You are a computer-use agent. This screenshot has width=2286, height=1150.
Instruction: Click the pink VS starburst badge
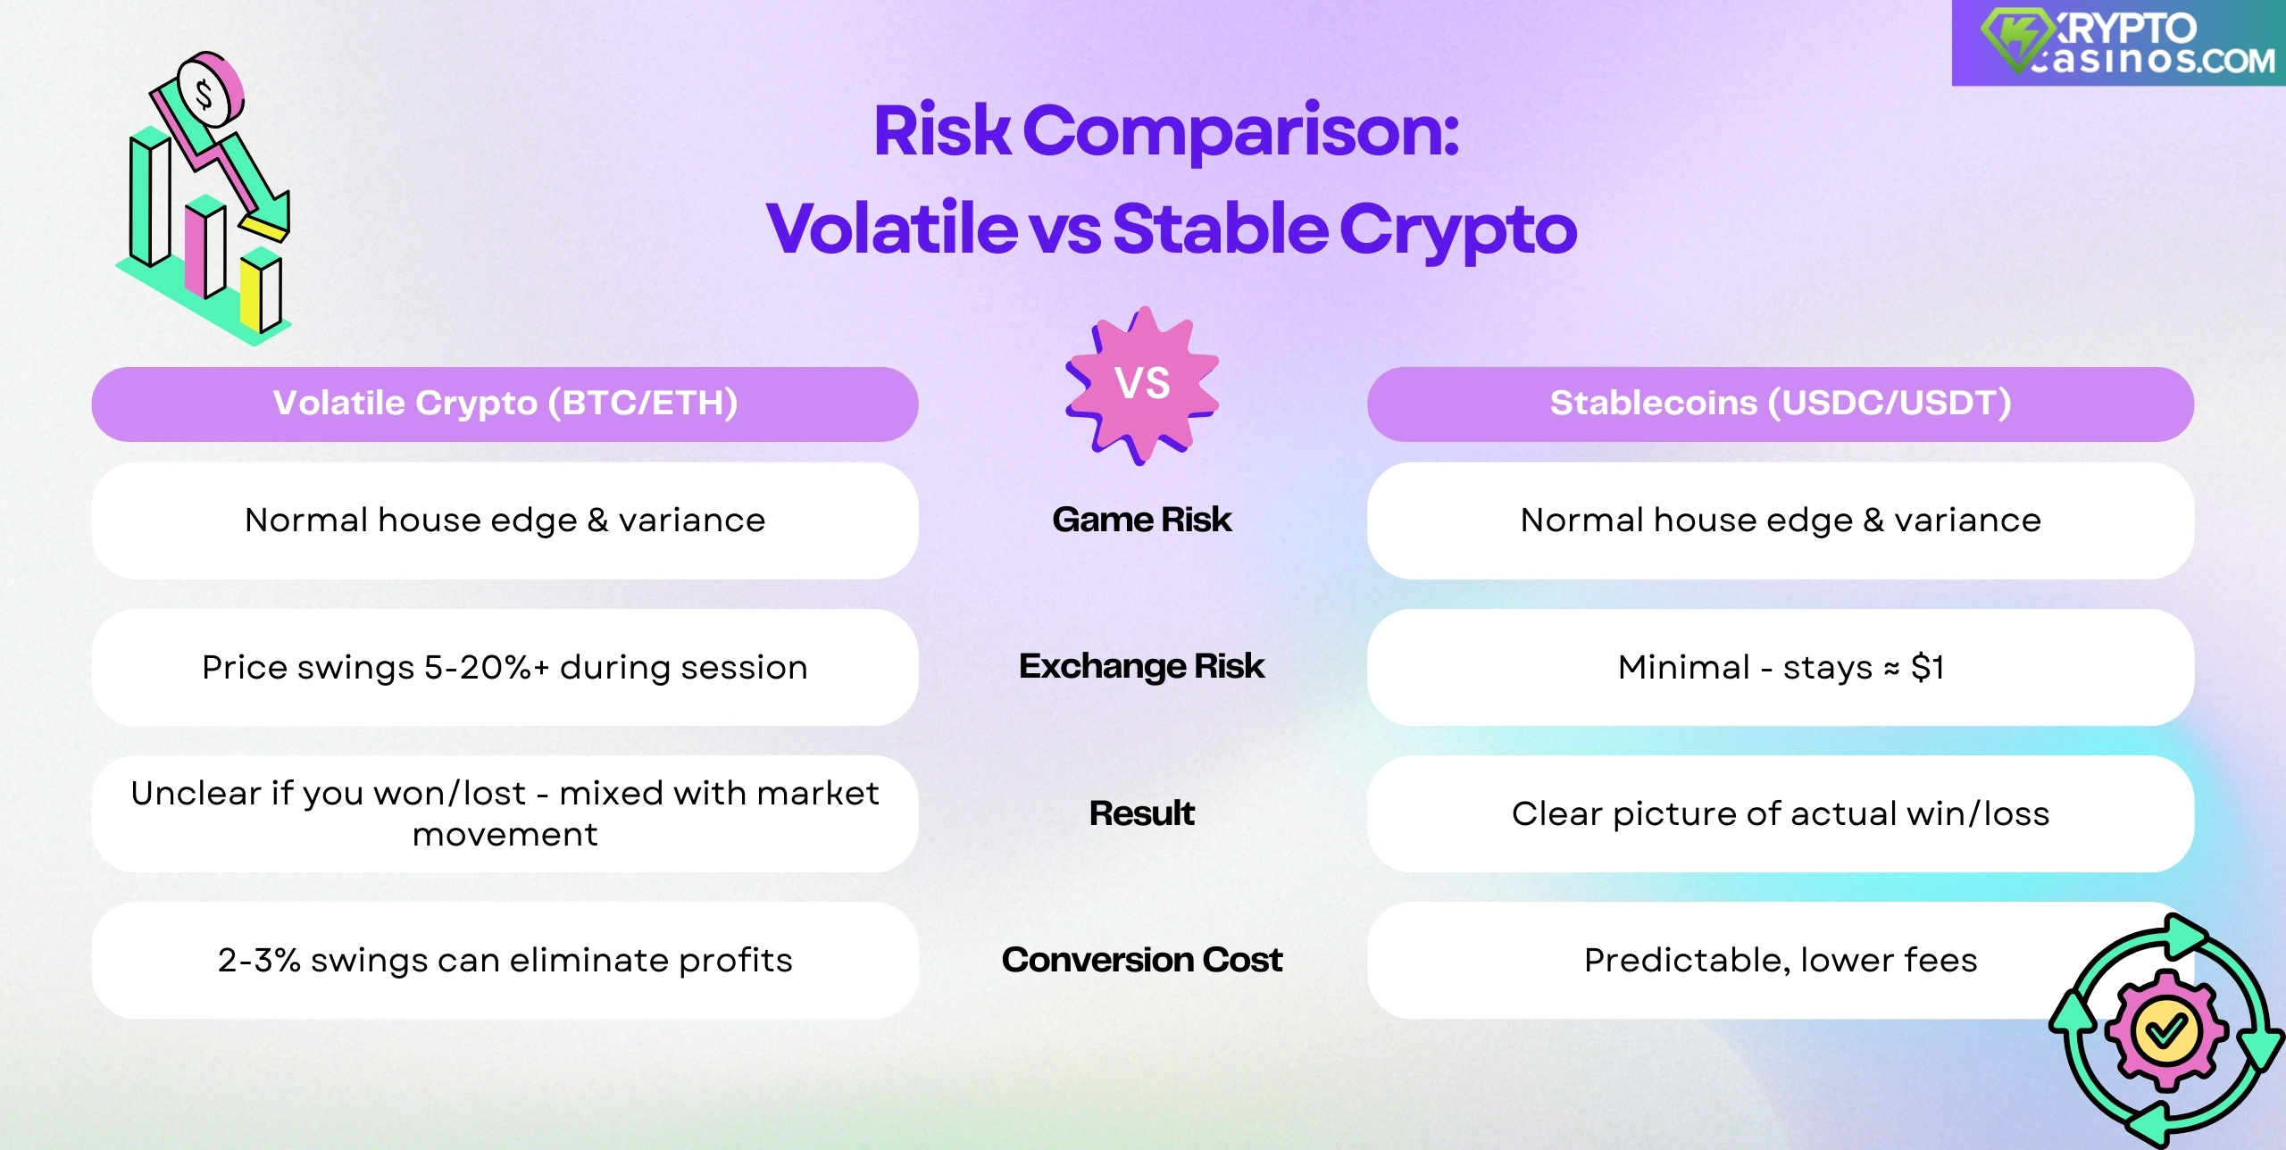[1142, 384]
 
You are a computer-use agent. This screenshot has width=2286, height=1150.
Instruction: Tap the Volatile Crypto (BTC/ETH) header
[505, 404]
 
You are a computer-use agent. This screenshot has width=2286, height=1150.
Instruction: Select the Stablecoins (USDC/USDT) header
[1780, 404]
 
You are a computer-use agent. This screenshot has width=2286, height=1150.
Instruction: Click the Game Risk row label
[1141, 520]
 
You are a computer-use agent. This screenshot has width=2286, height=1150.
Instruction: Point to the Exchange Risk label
[1141, 666]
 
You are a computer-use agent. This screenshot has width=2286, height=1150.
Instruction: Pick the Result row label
[1141, 813]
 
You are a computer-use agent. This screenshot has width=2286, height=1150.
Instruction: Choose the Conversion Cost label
[1141, 960]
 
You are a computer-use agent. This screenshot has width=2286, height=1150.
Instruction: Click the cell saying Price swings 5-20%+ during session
[505, 668]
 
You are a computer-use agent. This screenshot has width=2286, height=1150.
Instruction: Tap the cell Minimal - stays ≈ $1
[1780, 668]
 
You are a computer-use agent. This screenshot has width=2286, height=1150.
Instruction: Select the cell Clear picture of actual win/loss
[1780, 814]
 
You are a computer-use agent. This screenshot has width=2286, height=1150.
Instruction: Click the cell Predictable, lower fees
[1780, 961]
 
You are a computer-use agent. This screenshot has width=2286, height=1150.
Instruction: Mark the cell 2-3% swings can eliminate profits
[505, 961]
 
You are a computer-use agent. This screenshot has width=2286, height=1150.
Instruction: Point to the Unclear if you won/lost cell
[505, 814]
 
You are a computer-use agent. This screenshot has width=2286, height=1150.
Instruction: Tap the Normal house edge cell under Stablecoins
[1780, 521]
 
